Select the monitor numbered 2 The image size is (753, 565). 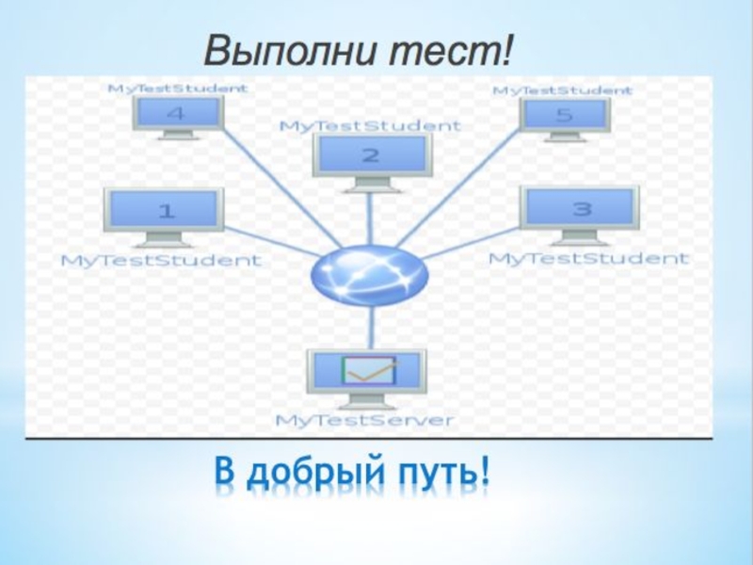click(371, 155)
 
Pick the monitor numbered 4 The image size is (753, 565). click(177, 114)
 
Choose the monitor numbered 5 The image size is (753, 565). click(565, 116)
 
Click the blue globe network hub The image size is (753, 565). click(370, 274)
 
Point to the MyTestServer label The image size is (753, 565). click(364, 420)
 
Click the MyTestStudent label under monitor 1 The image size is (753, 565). click(161, 260)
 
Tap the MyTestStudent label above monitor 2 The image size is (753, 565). click(371, 124)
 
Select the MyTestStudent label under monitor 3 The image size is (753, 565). click(588, 257)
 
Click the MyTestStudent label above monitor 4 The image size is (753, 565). click(179, 89)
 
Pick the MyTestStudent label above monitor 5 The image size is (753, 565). click(563, 90)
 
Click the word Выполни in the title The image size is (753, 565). click(280, 50)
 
